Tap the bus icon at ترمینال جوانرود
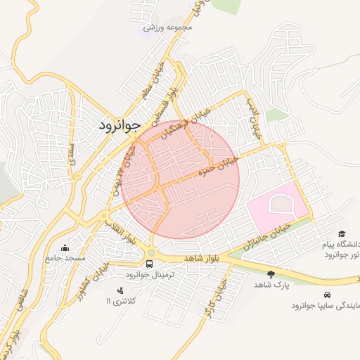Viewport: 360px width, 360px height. [x=149, y=264]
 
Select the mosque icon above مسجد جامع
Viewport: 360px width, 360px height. [x=65, y=247]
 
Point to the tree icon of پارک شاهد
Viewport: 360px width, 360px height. [x=271, y=274]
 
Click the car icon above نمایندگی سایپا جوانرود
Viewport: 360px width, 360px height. [x=327, y=295]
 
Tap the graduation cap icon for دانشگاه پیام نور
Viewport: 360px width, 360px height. [x=342, y=233]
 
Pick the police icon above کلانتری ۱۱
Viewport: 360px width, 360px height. [x=121, y=290]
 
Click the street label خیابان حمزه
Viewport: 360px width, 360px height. [x=219, y=165]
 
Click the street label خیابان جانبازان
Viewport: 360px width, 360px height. [x=265, y=237]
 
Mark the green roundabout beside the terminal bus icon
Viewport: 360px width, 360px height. [x=150, y=252]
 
